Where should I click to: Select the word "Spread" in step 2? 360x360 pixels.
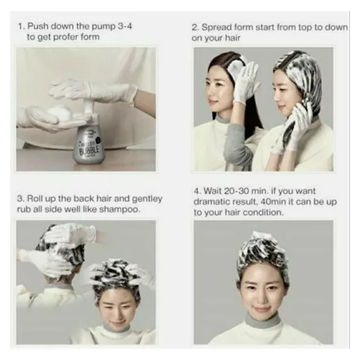click(219, 27)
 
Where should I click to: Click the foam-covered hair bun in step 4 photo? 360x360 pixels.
click(263, 247)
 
